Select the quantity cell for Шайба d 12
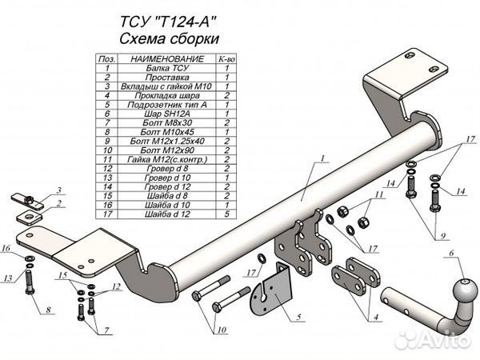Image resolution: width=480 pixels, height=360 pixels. tap(227, 214)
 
